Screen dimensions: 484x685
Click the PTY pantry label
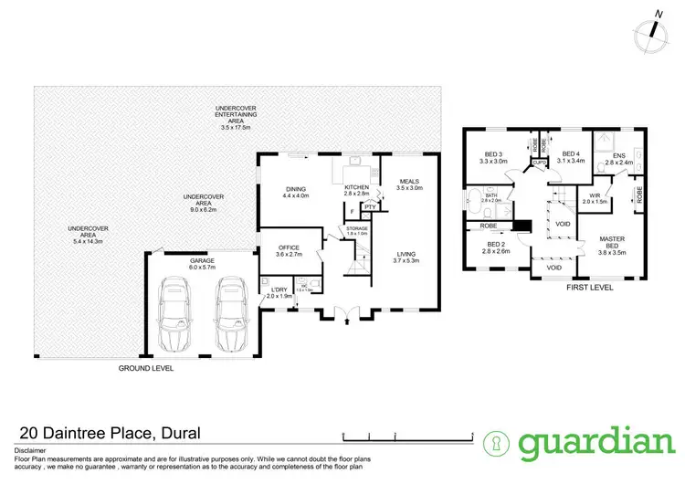370,207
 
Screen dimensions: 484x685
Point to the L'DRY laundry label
276,291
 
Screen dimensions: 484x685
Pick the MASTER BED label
611,243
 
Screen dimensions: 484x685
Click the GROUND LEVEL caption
146,369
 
